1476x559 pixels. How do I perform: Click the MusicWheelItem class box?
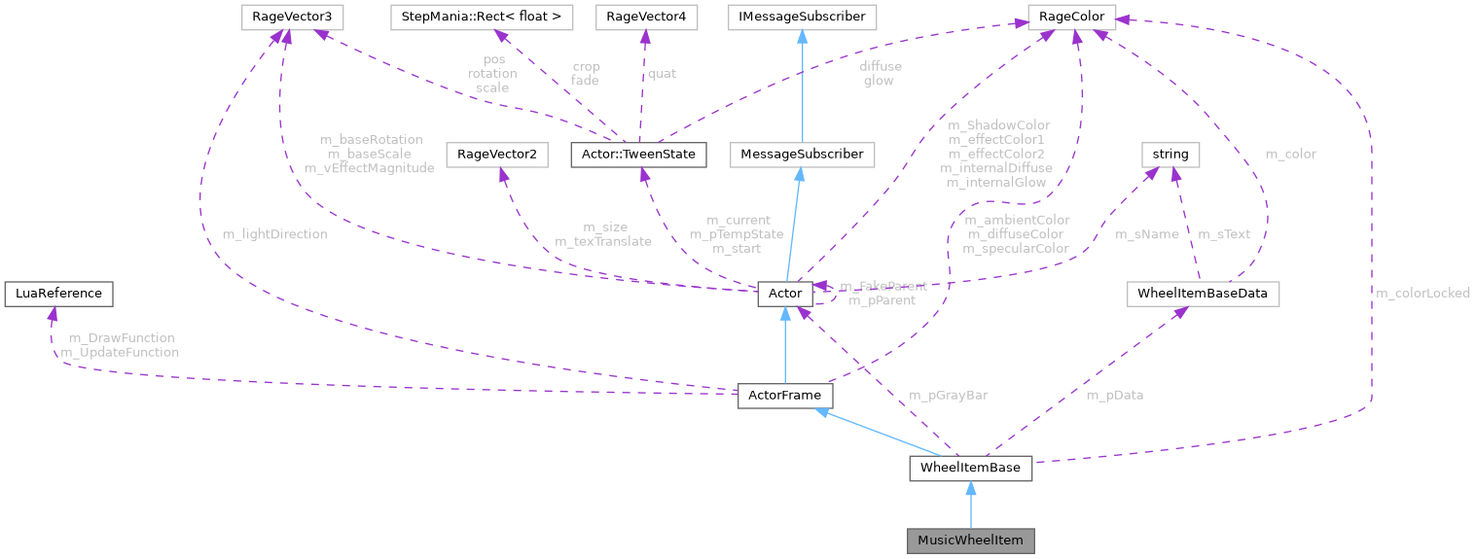(970, 540)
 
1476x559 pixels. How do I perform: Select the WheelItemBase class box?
(970, 469)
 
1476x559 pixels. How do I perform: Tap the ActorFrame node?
(785, 396)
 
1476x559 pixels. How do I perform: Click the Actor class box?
(784, 293)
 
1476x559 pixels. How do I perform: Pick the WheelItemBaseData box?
(1202, 294)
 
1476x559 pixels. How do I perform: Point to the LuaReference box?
(58, 293)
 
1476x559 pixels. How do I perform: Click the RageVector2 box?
(496, 154)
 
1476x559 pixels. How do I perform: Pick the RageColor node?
(1073, 17)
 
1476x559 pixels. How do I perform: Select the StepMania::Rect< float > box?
(482, 17)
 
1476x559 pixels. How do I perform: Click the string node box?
(1170, 154)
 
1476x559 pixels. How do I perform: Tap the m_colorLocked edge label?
(1422, 293)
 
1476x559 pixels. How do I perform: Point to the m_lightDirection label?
(274, 234)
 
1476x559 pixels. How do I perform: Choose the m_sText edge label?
(1223, 234)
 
